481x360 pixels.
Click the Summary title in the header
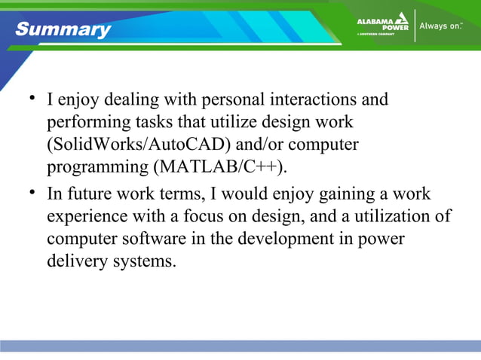pos(63,29)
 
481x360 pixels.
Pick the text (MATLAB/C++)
pos(221,165)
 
